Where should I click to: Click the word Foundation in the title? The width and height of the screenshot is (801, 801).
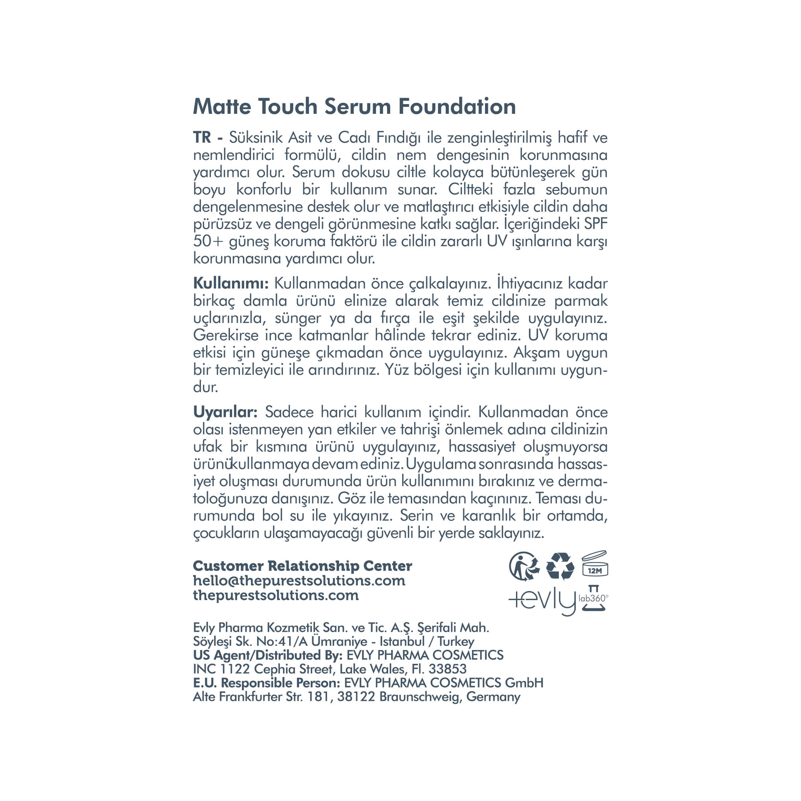pyautogui.click(x=457, y=107)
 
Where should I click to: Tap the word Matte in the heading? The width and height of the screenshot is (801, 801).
pyautogui.click(x=222, y=107)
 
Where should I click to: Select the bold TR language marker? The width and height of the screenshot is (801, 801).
pyautogui.click(x=202, y=138)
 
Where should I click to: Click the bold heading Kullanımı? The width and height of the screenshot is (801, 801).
pyautogui.click(x=231, y=284)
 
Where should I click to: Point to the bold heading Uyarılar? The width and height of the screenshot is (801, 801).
pyautogui.click(x=226, y=412)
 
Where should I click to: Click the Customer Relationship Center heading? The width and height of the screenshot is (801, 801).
pyautogui.click(x=303, y=566)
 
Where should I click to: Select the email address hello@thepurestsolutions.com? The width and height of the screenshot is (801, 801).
pyautogui.click(x=299, y=580)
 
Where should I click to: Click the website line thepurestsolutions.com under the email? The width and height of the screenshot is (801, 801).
pyautogui.click(x=276, y=595)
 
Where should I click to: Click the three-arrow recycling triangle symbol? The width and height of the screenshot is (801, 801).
pyautogui.click(x=560, y=566)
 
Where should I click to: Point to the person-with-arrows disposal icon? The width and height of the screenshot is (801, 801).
pyautogui.click(x=524, y=566)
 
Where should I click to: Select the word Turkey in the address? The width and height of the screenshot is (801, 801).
pyautogui.click(x=456, y=641)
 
